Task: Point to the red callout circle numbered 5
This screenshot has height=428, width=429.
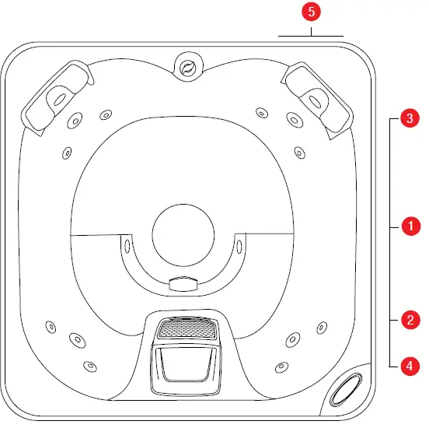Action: (x=310, y=12)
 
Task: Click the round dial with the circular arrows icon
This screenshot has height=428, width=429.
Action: (x=187, y=68)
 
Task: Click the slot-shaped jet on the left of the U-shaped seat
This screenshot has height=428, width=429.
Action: (x=125, y=247)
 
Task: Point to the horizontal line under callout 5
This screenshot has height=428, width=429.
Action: (x=310, y=36)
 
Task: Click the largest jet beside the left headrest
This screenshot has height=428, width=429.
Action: (x=76, y=120)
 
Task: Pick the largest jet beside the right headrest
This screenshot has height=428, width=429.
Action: (x=294, y=120)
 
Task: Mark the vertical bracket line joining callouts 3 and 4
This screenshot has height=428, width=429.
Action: (x=390, y=241)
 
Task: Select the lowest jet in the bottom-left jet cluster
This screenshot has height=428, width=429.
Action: (x=90, y=365)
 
